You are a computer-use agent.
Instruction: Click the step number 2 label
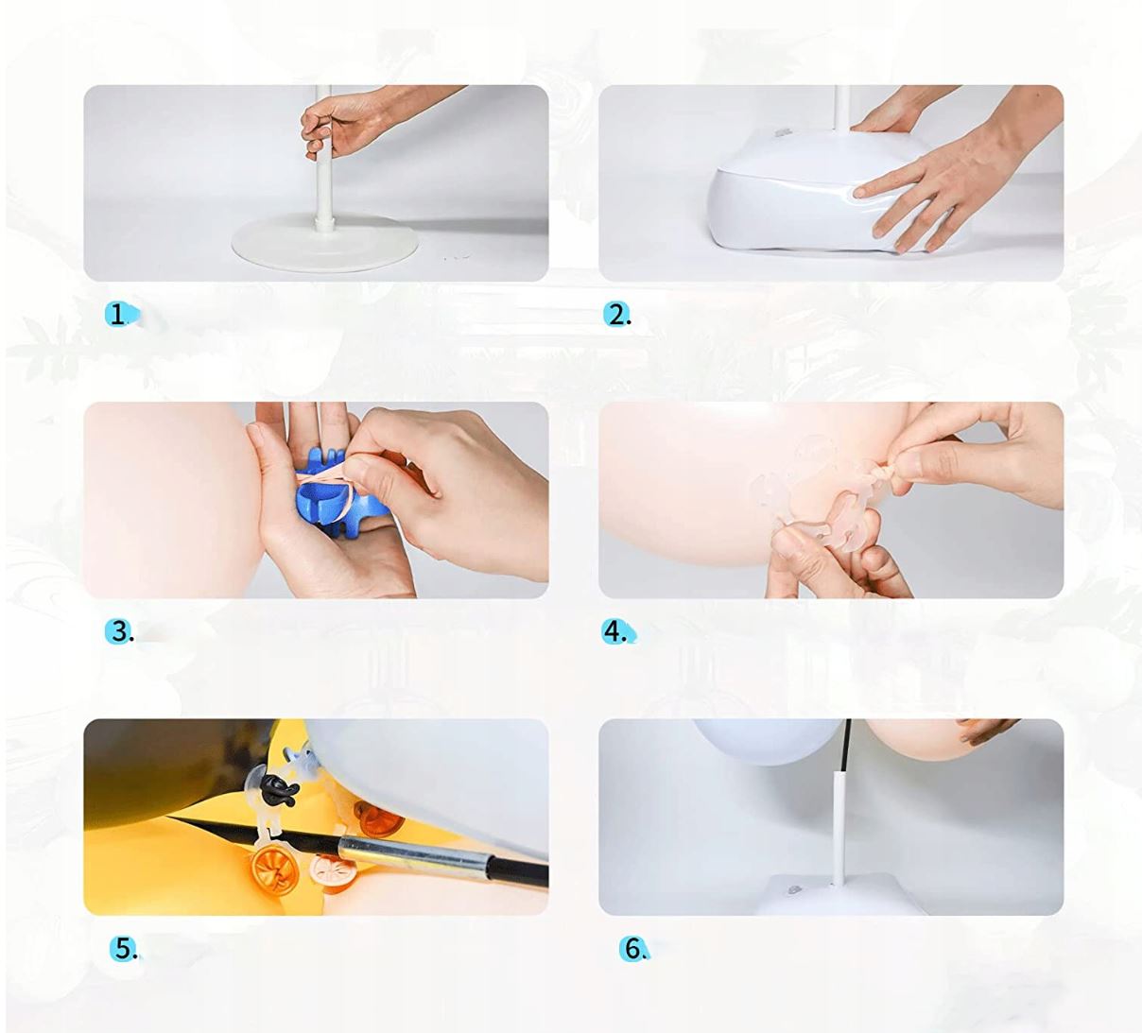(x=616, y=315)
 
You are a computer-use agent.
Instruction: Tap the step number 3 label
(x=119, y=631)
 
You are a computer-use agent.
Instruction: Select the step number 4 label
(x=616, y=631)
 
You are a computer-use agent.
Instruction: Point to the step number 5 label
(x=124, y=949)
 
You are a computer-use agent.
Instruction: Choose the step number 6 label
(x=633, y=949)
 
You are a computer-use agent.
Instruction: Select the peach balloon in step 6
(x=934, y=740)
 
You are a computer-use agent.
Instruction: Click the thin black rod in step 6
(x=846, y=746)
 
